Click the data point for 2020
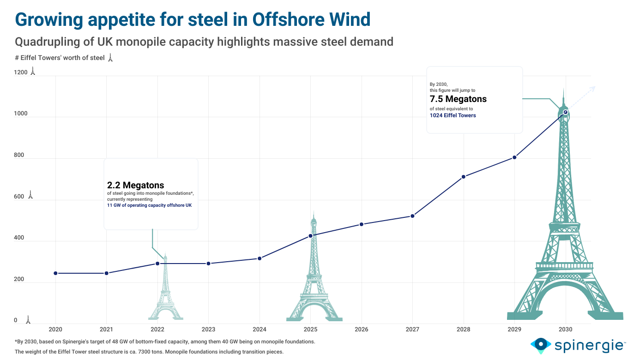point(55,273)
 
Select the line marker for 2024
point(260,258)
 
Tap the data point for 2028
point(464,177)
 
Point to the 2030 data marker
point(566,112)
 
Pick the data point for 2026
point(362,224)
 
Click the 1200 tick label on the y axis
point(21,72)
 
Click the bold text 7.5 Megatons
point(458,99)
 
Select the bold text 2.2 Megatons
point(136,186)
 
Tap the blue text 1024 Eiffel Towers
point(453,115)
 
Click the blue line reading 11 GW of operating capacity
point(149,205)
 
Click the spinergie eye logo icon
point(540,345)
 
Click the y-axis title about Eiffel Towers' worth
point(60,58)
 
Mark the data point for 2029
point(514,158)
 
